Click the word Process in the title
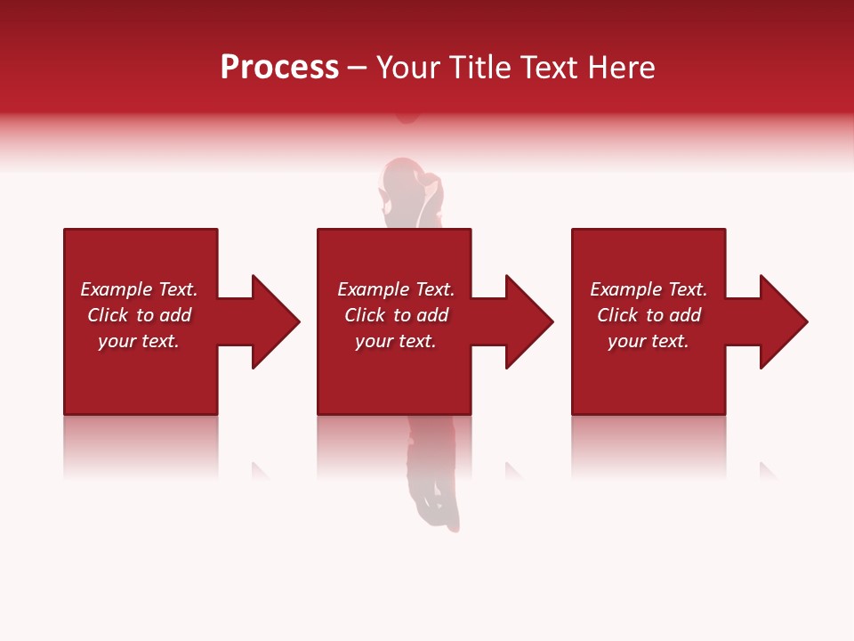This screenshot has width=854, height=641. click(x=279, y=68)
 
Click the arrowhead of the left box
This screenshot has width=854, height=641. click(x=276, y=321)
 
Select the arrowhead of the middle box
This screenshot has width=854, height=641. click(x=529, y=321)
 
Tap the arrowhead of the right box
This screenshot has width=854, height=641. click(x=784, y=321)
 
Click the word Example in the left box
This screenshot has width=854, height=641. click(x=117, y=289)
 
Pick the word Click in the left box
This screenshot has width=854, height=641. click(x=109, y=315)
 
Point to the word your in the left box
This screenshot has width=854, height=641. click(x=116, y=342)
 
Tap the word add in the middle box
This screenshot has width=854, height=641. click(x=432, y=315)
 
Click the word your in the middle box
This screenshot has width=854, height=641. click(x=373, y=342)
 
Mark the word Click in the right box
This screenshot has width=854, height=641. click(x=618, y=315)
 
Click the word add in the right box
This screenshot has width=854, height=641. click(x=685, y=315)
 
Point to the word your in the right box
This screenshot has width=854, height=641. click(x=625, y=342)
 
